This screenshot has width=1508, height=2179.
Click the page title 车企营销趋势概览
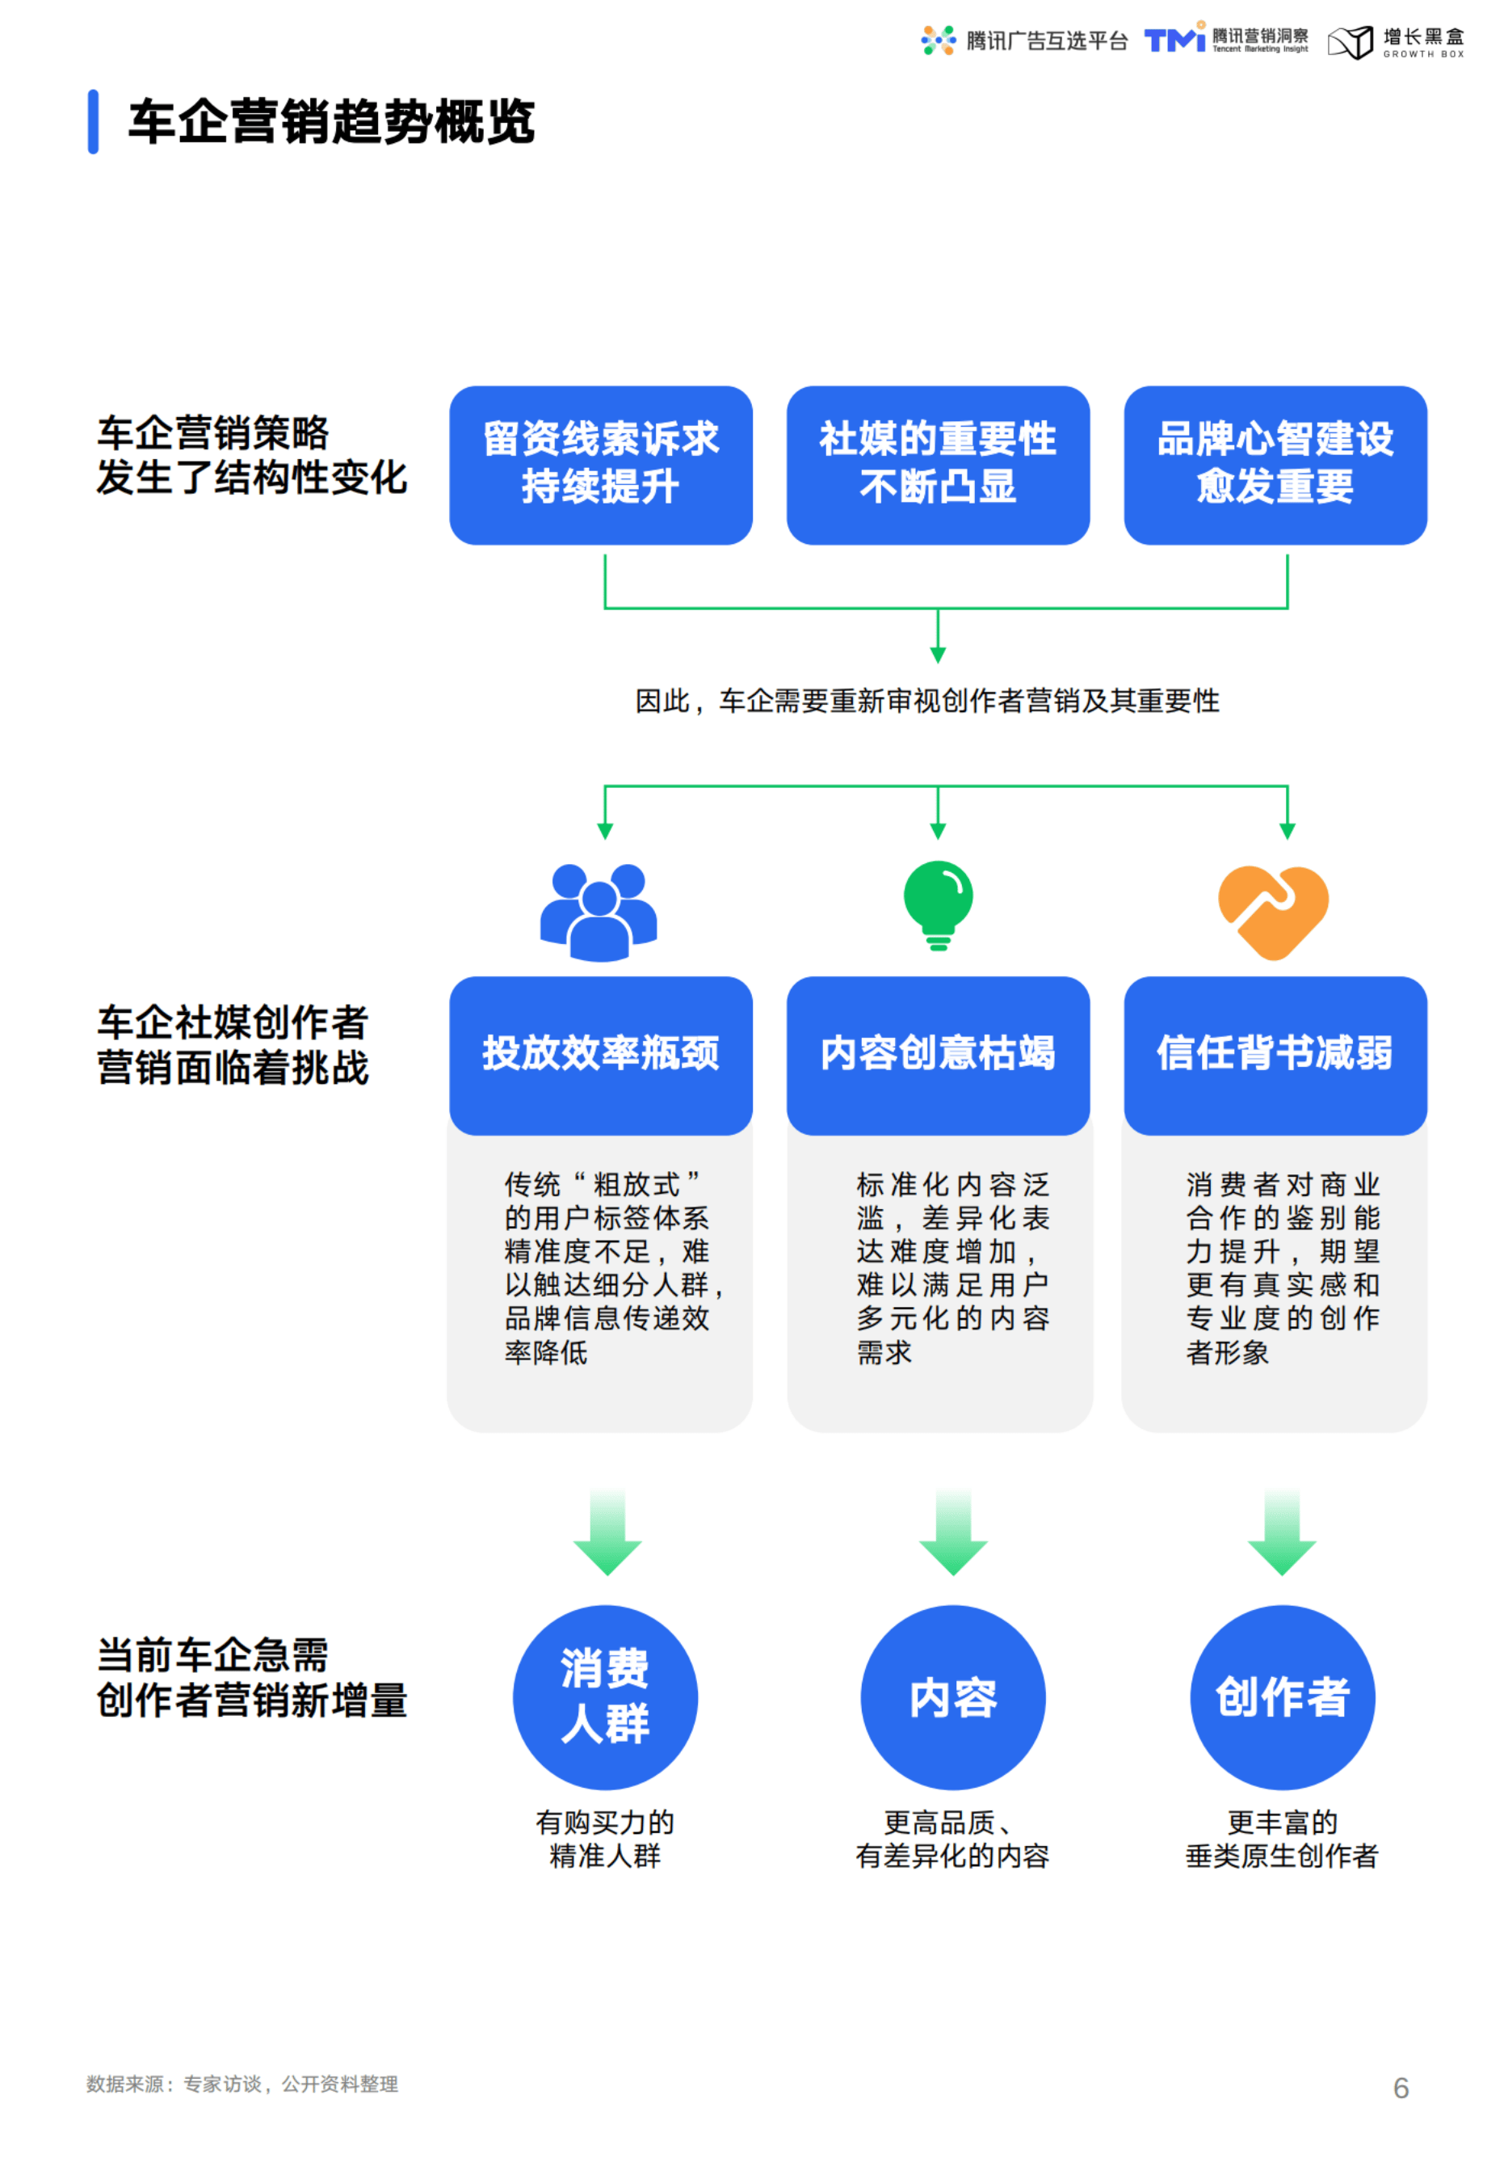pyautogui.click(x=330, y=122)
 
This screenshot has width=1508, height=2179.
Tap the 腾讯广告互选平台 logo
pyautogui.click(x=1024, y=40)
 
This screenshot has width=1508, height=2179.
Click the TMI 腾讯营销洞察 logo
pyautogui.click(x=1226, y=40)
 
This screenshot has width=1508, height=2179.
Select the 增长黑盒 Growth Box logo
pyautogui.click(x=1397, y=41)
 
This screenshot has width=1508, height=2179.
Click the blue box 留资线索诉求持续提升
pyautogui.click(x=601, y=464)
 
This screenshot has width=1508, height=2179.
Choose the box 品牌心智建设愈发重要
pyautogui.click(x=1275, y=464)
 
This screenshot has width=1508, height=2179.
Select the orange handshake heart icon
pyautogui.click(x=1273, y=910)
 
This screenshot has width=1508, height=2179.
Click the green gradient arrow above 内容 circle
pyautogui.click(x=952, y=1532)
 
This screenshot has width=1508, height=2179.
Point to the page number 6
pyautogui.click(x=1401, y=2088)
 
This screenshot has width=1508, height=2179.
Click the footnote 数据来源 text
pyautogui.click(x=242, y=2084)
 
